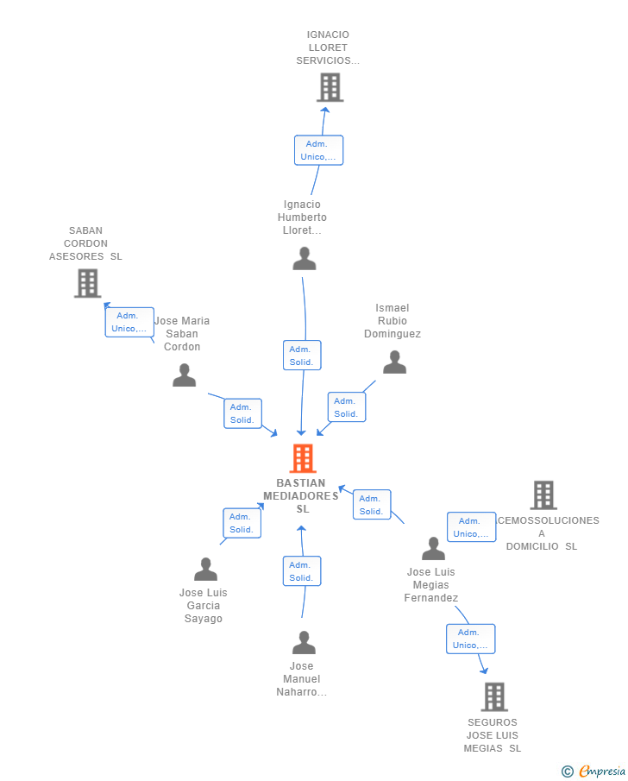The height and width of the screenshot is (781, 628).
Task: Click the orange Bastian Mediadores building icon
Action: click(x=303, y=458)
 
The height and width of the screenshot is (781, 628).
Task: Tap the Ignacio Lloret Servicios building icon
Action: click(x=330, y=87)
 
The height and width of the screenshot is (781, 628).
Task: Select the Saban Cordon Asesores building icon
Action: click(x=87, y=283)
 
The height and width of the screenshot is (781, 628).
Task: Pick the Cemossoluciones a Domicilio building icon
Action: click(x=543, y=494)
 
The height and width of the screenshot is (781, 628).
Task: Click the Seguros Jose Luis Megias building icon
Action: click(x=493, y=696)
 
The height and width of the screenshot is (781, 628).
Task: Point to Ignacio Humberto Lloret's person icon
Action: click(x=304, y=259)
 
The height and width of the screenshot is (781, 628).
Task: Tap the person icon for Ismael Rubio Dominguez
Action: click(x=394, y=362)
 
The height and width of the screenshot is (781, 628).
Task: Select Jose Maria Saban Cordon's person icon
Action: click(x=184, y=375)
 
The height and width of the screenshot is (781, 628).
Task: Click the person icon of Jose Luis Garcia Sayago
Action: click(x=205, y=570)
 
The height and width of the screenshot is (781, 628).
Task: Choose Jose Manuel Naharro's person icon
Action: click(x=304, y=643)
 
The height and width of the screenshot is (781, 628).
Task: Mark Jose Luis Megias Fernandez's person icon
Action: click(x=433, y=549)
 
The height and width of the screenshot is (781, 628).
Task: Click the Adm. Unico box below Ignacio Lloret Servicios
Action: click(x=318, y=150)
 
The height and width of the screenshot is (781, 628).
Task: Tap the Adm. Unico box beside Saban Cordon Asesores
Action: click(x=129, y=322)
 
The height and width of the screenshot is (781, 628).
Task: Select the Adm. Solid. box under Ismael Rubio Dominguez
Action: click(x=346, y=407)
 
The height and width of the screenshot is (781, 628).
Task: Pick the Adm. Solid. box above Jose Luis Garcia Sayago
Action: click(x=242, y=523)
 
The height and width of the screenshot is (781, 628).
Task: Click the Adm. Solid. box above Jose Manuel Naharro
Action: click(x=301, y=571)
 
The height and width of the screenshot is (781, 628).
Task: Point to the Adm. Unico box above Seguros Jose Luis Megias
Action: click(x=470, y=639)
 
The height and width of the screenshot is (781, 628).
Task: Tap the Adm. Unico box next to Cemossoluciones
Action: click(x=471, y=527)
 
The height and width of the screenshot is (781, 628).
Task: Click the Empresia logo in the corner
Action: click(x=594, y=771)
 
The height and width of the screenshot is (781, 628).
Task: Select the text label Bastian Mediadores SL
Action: click(x=301, y=496)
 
